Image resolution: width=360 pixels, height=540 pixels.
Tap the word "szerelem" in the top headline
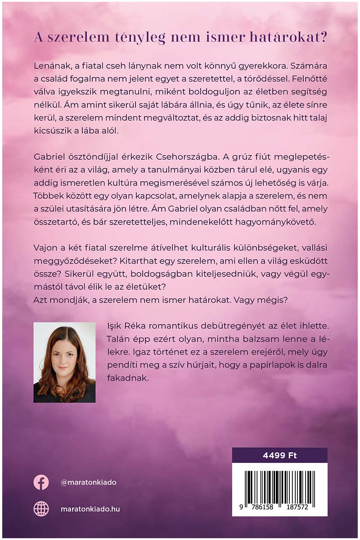click(x=82, y=38)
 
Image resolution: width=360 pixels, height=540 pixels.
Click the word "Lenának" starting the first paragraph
click(x=52, y=65)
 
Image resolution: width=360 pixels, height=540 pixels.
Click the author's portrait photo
click(x=64, y=362)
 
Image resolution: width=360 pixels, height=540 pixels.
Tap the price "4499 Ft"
click(x=279, y=455)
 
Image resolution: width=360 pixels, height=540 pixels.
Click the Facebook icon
click(x=41, y=482)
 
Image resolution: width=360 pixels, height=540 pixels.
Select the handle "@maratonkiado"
click(x=88, y=482)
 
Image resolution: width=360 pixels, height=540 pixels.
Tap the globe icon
click(x=41, y=509)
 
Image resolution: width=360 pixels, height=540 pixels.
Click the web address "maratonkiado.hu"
click(x=90, y=509)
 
